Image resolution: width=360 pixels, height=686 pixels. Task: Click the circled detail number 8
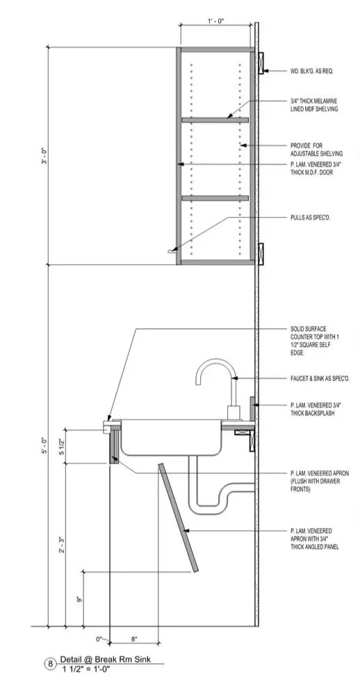click(x=50, y=664)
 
